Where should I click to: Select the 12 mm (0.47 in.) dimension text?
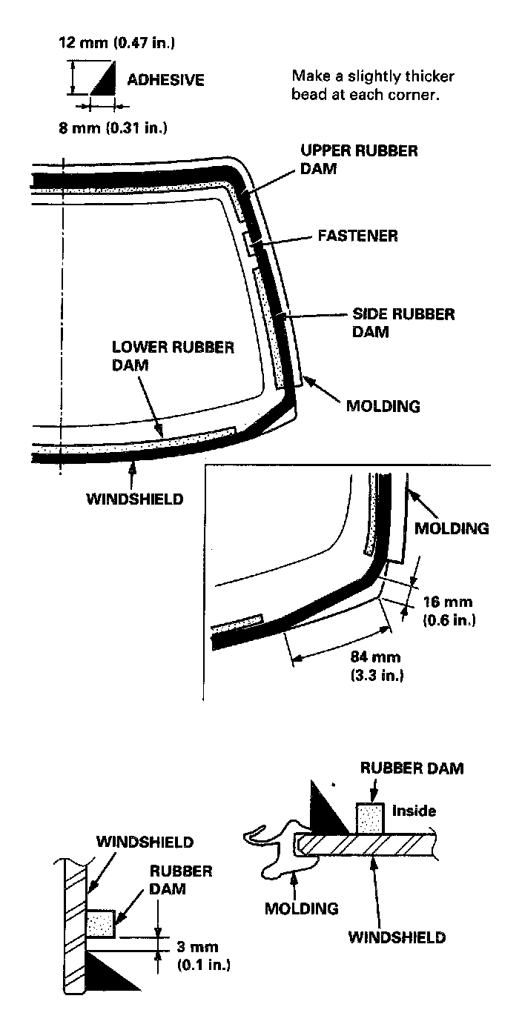(116, 42)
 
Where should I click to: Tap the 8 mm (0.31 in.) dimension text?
(113, 127)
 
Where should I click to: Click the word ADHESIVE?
(165, 80)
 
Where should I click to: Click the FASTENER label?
(357, 236)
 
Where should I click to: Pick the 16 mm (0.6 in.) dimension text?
(448, 610)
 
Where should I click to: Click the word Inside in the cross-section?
(414, 811)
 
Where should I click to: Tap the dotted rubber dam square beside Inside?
(369, 818)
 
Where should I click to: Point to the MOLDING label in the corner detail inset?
(452, 528)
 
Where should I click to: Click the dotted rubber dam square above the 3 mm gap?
(101, 924)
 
